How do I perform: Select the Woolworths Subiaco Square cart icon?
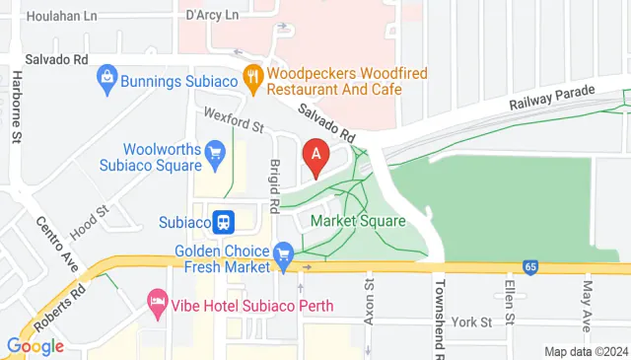point(216,152)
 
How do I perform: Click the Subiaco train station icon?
point(224,221)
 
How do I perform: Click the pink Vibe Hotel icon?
point(156,298)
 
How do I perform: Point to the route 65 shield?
point(530,267)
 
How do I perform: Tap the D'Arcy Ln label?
point(212,16)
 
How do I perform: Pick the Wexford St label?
point(234,125)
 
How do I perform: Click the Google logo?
point(35,346)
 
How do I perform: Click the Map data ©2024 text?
point(587,351)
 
